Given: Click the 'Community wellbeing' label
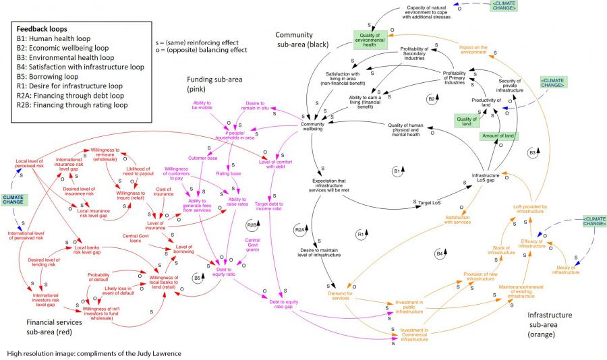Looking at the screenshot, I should pyautogui.click(x=312, y=127).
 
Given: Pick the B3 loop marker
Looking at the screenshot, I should pyautogui.click(x=532, y=152).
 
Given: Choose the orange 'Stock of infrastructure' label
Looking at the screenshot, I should pyautogui.click(x=502, y=250).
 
